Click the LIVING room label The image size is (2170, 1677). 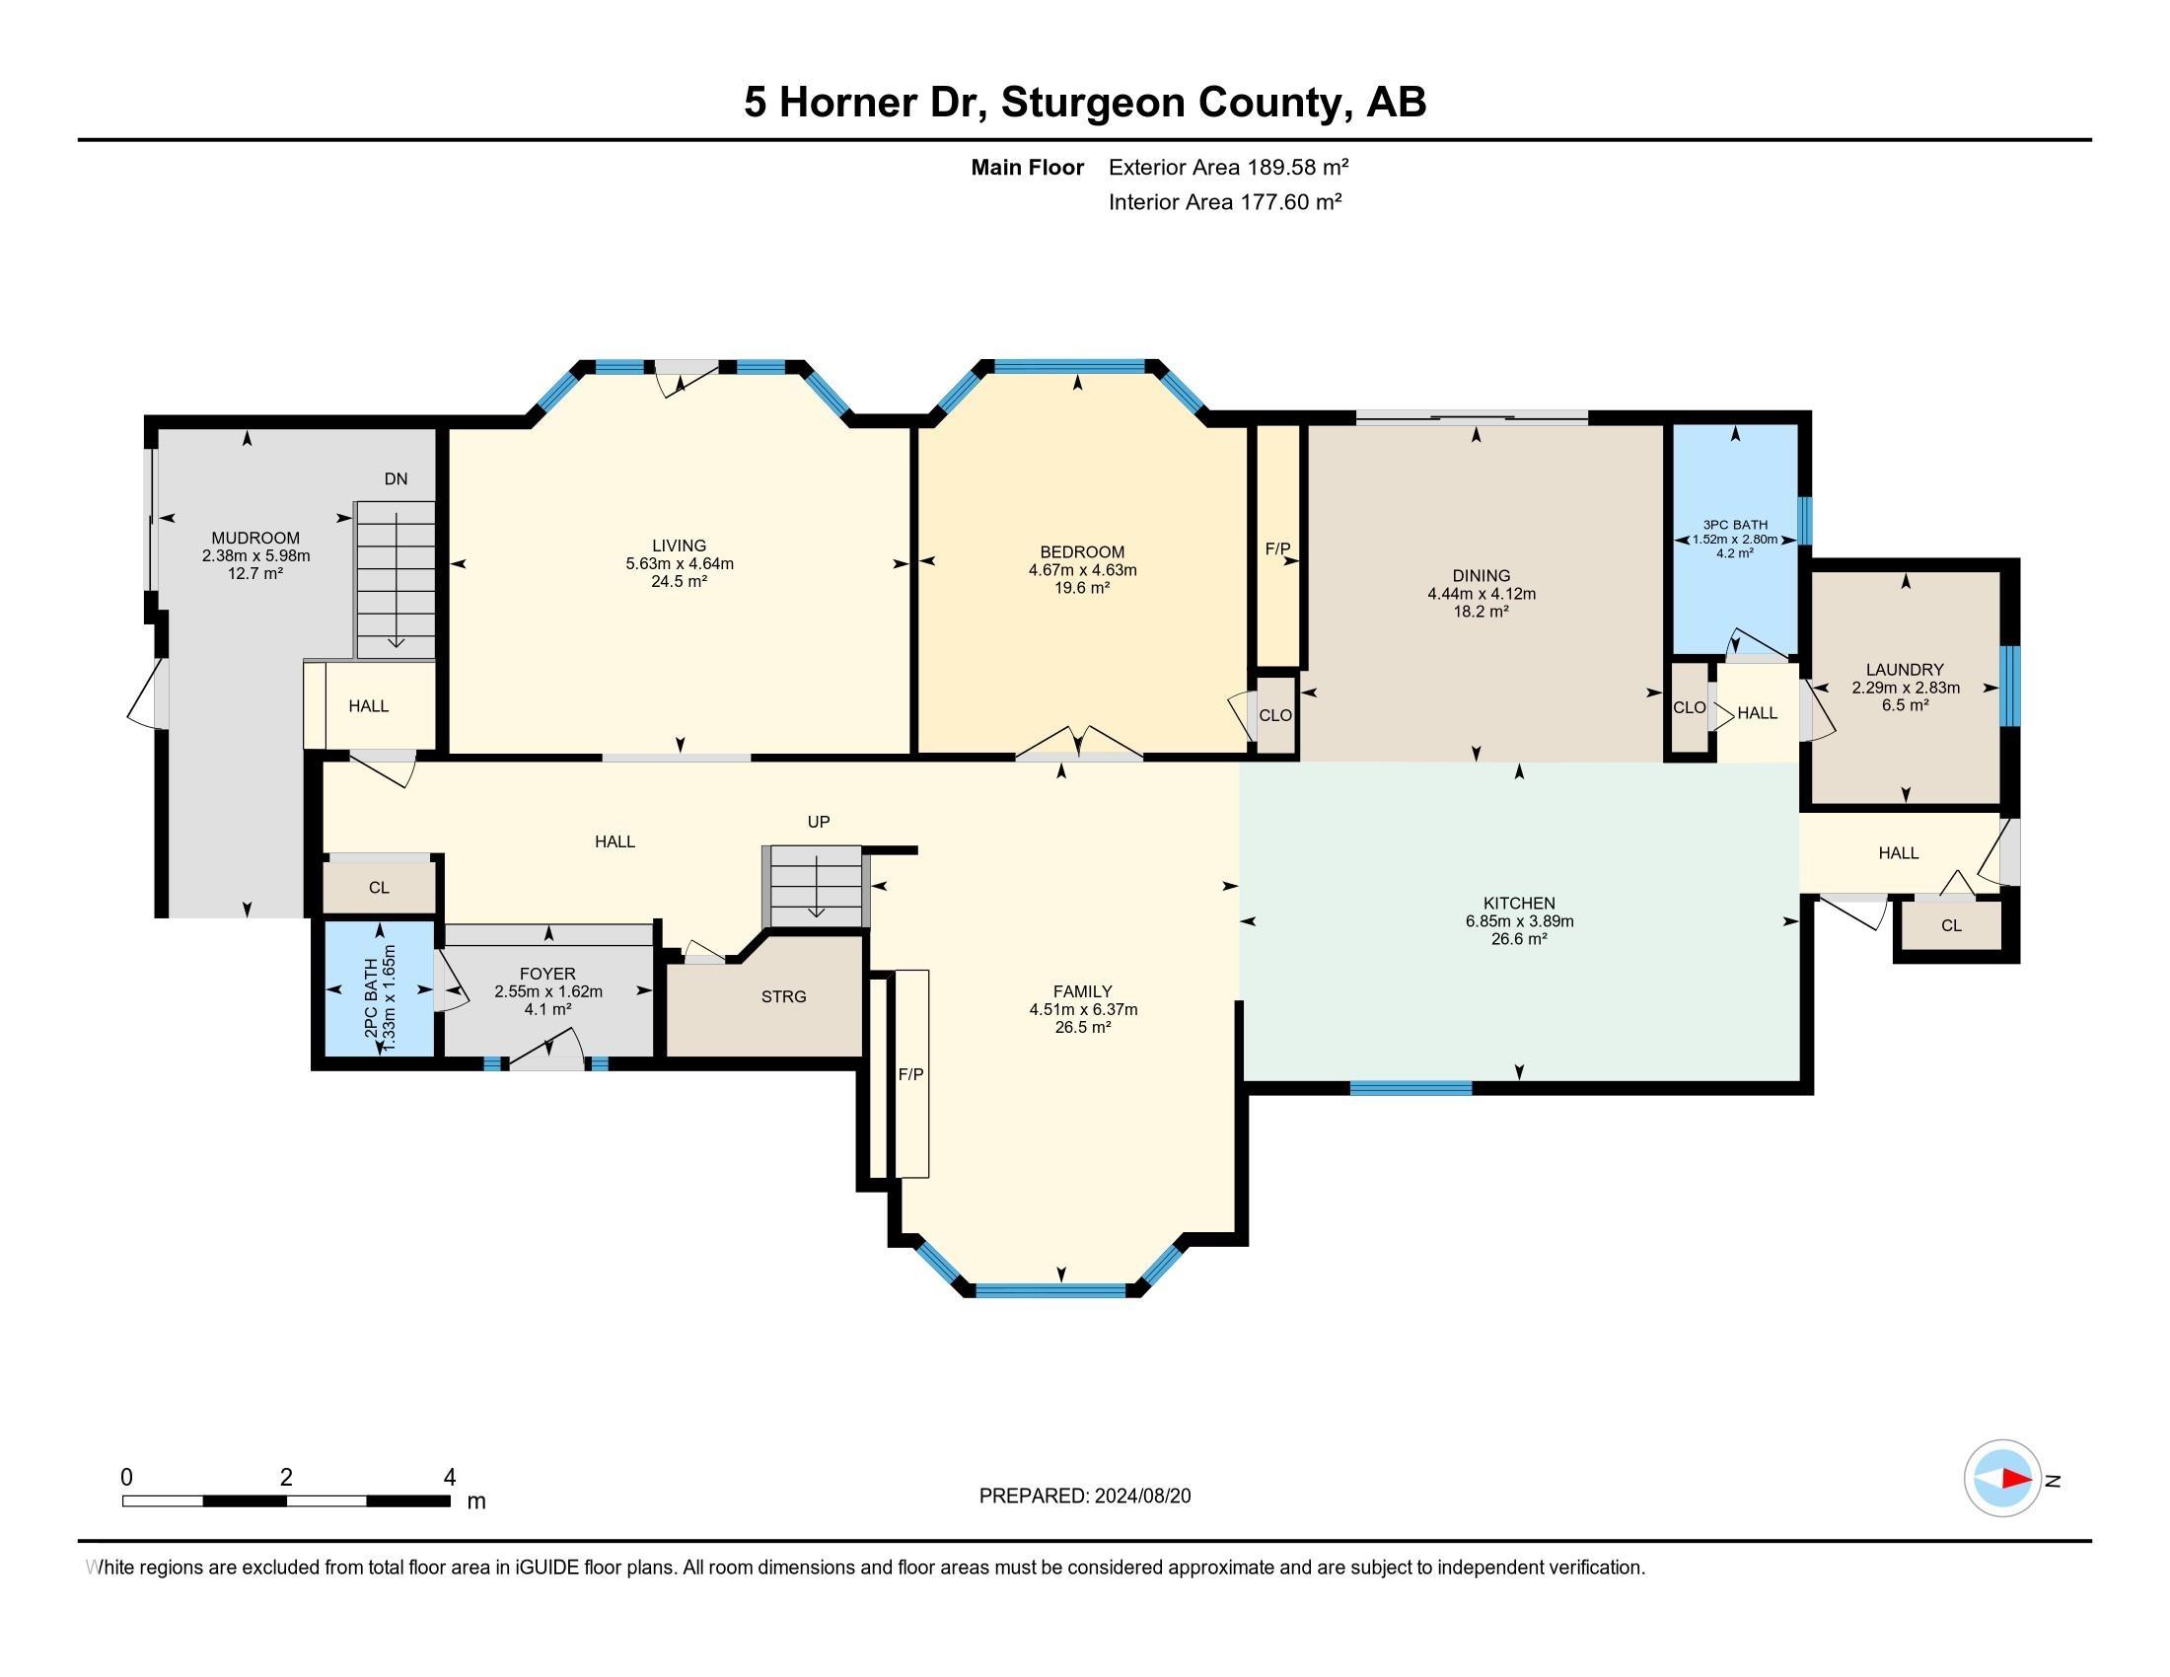pos(680,546)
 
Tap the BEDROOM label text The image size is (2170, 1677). pos(1082,552)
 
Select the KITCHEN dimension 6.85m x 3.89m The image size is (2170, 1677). pos(1519,921)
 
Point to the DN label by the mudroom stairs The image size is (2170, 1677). pos(396,478)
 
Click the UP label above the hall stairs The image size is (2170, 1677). pos(819,822)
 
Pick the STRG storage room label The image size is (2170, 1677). pos(784,996)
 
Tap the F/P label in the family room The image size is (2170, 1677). pos(911,1074)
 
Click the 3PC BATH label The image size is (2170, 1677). pos(1735,525)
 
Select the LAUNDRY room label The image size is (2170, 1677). pos(1905,670)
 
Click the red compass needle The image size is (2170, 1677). pos(2017,1480)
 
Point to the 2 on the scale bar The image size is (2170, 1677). pos(286,1478)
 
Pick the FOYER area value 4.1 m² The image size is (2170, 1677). pos(547,1009)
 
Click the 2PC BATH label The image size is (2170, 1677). pos(371,998)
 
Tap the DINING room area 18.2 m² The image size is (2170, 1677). pos(1482,611)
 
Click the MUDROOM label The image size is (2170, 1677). pos(255,539)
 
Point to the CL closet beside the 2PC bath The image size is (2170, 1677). pos(379,887)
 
